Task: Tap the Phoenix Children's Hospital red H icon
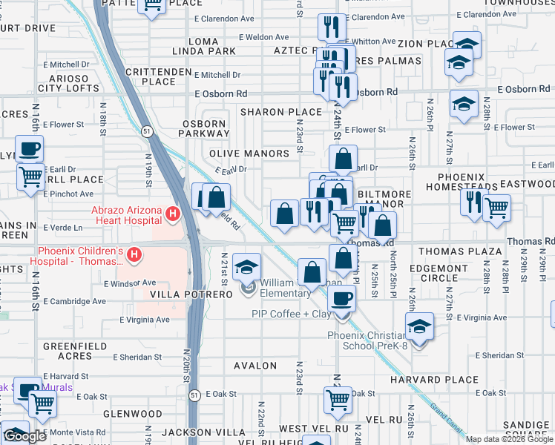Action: (134, 256)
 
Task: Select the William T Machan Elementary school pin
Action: (247, 267)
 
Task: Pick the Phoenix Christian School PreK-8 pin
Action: (419, 327)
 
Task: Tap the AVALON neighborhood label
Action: (255, 366)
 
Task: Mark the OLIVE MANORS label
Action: (249, 154)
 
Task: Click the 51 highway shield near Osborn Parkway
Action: (148, 131)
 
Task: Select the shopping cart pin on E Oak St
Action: (338, 400)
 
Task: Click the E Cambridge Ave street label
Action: (73, 302)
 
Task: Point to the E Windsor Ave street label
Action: (130, 283)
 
